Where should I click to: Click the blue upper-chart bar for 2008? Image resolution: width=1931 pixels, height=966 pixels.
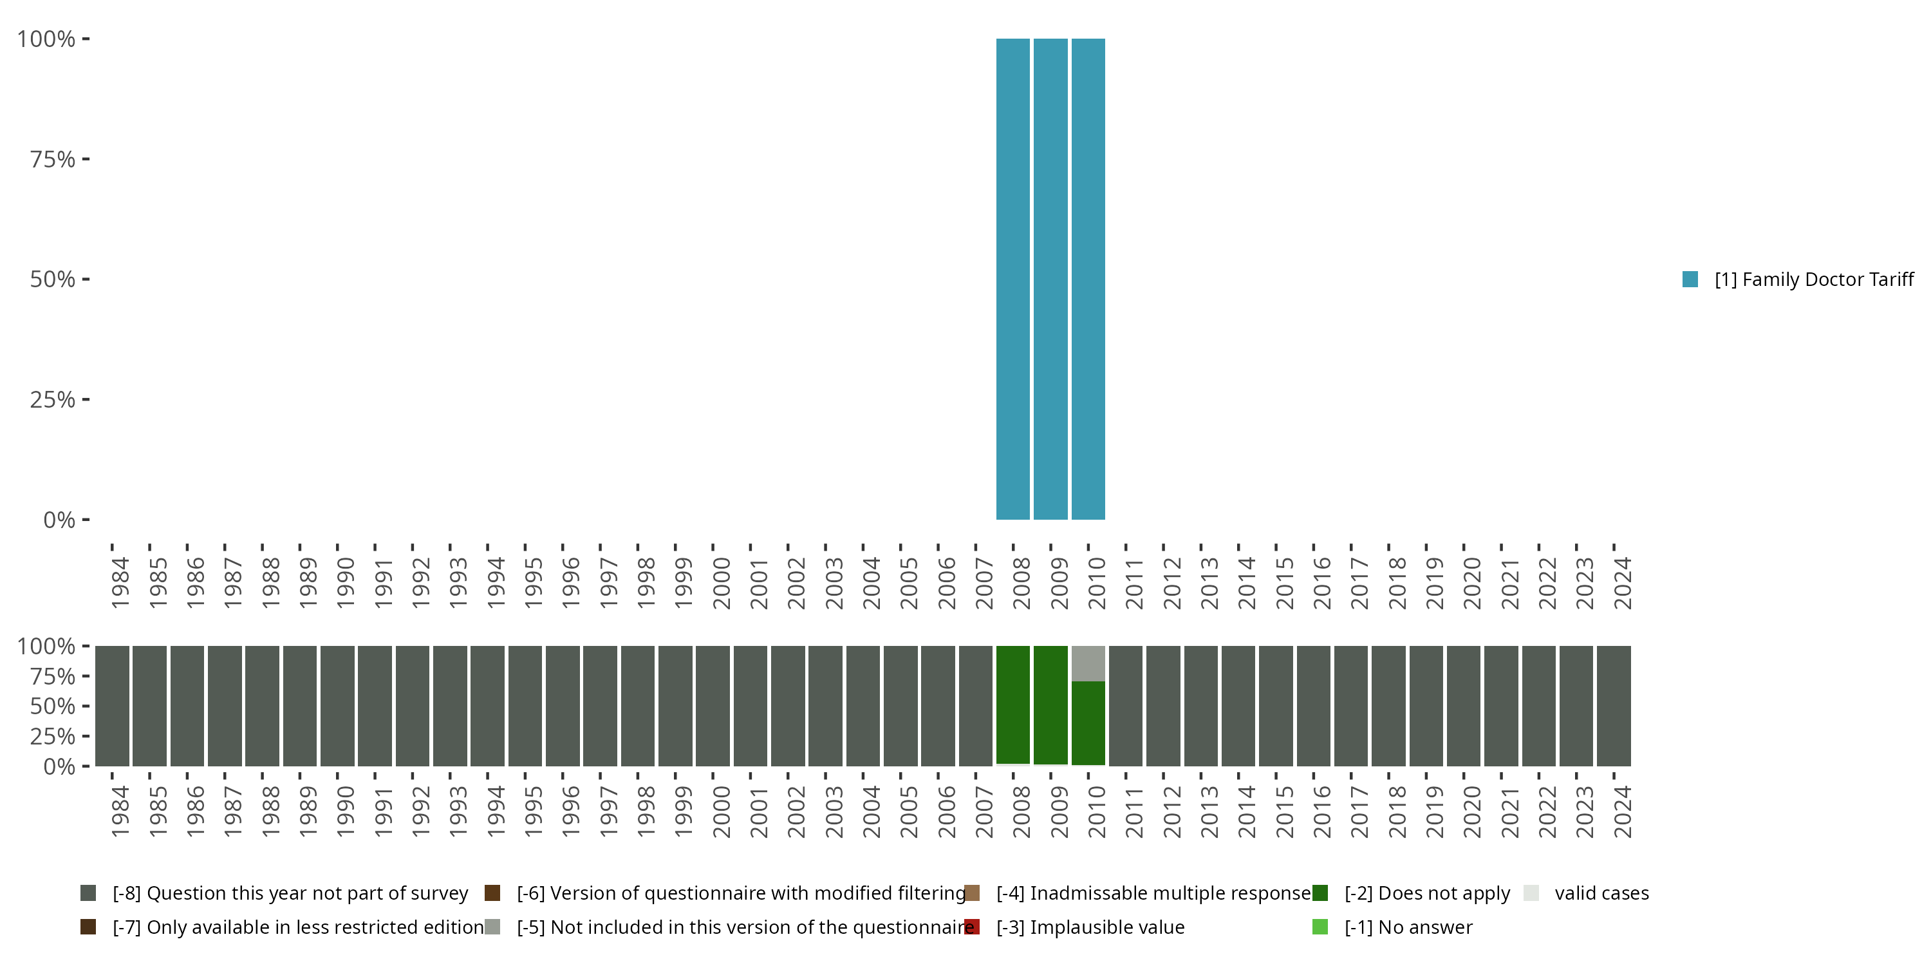pos(1012,279)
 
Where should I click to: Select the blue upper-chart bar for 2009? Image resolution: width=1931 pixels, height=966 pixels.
pos(1050,279)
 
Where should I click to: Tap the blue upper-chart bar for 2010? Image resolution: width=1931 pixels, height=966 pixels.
pos(1088,279)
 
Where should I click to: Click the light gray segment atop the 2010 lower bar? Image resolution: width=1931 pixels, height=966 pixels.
pos(1088,663)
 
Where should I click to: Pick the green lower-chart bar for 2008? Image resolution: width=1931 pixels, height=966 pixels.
pos(1012,705)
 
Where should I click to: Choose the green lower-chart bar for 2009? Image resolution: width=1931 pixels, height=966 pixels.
pos(1050,705)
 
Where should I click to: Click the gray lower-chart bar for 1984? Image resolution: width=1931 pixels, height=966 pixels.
pos(112,706)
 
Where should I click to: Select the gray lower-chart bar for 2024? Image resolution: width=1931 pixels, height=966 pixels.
pos(1613,706)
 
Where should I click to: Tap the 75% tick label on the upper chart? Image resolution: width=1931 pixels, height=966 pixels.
pos(53,159)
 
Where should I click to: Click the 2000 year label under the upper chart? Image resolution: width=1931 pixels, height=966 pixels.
pos(720,583)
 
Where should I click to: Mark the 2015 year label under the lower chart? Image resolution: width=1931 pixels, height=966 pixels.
pos(1284,812)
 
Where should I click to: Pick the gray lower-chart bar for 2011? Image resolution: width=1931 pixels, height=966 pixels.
pos(1125,706)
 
